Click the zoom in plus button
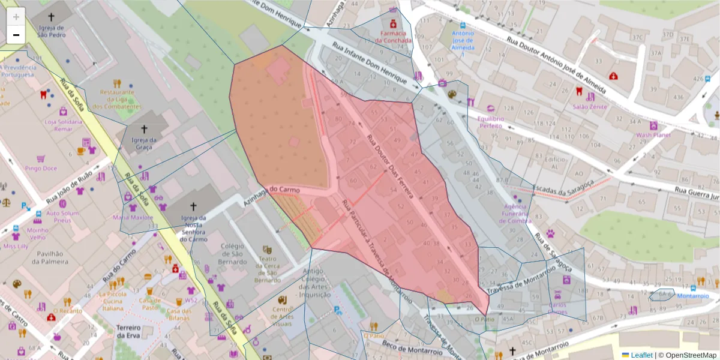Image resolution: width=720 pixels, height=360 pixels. [x=16, y=17]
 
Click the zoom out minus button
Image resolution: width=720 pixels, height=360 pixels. [x=16, y=35]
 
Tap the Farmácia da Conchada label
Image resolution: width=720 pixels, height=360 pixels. [x=394, y=37]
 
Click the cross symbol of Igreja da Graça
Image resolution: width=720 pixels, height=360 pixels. [x=144, y=129]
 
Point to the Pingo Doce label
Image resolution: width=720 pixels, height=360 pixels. [x=41, y=169]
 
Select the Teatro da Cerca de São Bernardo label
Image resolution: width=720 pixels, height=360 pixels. [x=267, y=269]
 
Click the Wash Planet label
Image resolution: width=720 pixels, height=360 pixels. [x=653, y=135]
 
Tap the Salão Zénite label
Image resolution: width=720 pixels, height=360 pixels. [x=589, y=107]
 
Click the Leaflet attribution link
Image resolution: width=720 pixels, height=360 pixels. [x=637, y=355]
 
